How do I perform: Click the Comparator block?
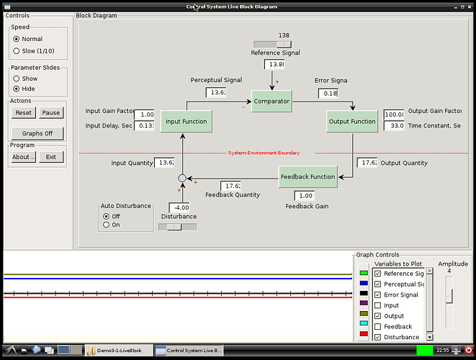271,102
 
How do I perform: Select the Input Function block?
186,122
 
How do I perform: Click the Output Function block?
352,122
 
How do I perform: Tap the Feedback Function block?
307,176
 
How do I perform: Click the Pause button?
51,113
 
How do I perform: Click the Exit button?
51,157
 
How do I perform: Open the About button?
24,157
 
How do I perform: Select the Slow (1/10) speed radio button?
17,51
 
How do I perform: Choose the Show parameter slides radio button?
17,78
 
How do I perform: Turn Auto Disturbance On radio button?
107,225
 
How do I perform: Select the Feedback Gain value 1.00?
305,196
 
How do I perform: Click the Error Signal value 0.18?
328,94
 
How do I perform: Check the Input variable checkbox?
377,305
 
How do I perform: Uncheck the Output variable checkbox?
377,316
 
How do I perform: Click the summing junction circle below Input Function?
182,177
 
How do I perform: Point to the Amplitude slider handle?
449,296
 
